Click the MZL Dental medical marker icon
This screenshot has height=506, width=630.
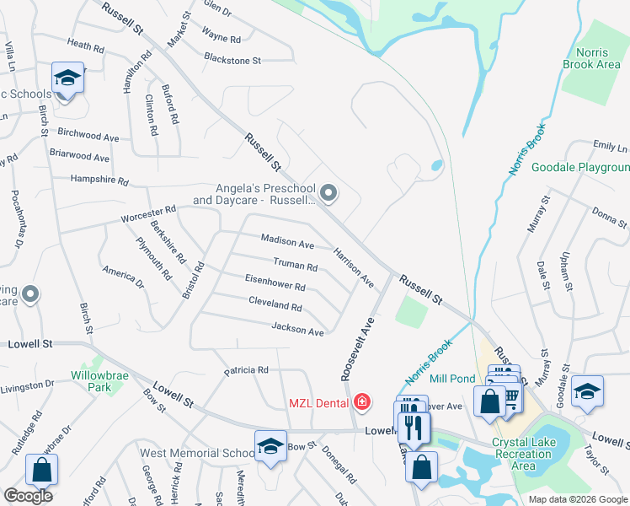362,401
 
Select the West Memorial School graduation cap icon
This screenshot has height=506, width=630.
271,444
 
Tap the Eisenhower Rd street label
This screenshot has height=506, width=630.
275,283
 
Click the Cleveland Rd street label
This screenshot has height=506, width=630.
275,304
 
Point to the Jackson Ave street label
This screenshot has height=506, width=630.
297,330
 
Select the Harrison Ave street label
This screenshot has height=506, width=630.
353,266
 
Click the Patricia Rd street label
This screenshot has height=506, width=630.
246,370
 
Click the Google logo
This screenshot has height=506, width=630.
28,496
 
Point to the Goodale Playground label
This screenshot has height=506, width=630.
580,168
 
